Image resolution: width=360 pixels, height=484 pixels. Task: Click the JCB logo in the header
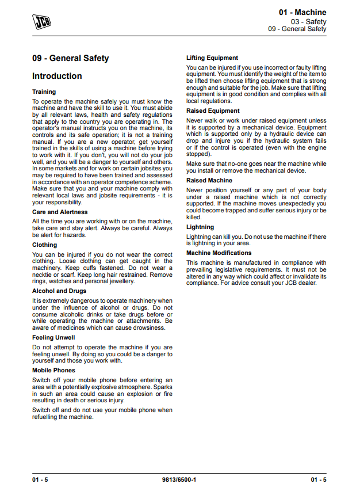point(41,21)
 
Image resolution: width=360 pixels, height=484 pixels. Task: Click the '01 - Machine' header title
point(302,12)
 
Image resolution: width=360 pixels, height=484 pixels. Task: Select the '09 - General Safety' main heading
point(70,58)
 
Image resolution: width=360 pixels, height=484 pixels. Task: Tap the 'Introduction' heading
point(57,76)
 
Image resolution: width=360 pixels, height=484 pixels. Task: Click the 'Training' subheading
point(44,92)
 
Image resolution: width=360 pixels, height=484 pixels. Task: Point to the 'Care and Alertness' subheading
point(60,212)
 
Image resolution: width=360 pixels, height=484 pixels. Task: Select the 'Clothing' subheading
point(45,245)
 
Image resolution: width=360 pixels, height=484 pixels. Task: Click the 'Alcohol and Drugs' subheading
point(59,291)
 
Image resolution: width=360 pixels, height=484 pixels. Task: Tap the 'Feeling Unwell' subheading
point(53,338)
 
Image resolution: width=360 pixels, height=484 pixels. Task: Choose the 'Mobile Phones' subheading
point(53,371)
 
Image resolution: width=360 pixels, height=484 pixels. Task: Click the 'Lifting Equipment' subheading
point(212,58)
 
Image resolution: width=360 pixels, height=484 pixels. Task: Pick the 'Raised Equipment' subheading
point(213,111)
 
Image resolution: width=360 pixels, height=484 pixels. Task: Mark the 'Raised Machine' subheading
point(209,181)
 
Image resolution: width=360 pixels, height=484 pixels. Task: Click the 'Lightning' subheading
point(200,227)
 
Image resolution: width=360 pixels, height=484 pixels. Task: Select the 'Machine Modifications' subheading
point(219,253)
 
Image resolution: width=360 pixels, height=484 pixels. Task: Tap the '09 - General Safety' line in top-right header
point(297,29)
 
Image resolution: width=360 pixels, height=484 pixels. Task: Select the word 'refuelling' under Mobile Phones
point(46,417)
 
